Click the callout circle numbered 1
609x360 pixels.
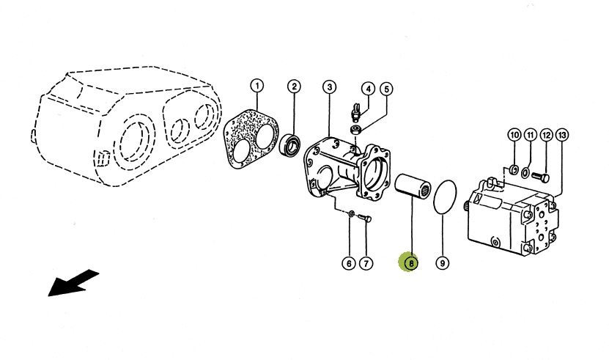click(x=256, y=86)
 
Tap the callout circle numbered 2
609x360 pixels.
click(x=294, y=86)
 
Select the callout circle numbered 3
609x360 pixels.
click(x=329, y=87)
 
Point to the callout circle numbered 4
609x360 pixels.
click(x=368, y=89)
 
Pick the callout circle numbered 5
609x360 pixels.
click(x=386, y=89)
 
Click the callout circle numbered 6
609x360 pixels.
click(x=349, y=263)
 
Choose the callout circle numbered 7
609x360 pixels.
click(x=366, y=263)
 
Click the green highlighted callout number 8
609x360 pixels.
click(x=410, y=262)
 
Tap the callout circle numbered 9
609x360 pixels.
click(x=443, y=263)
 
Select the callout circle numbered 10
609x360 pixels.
click(x=514, y=135)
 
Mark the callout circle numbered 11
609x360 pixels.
click(x=530, y=135)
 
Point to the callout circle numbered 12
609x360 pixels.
click(x=546, y=135)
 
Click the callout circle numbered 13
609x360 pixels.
click(x=561, y=135)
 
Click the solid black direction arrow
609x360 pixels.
click(x=73, y=282)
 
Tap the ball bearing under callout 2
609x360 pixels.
click(x=289, y=144)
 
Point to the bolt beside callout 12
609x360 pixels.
click(x=540, y=177)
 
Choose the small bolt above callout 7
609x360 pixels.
click(x=364, y=218)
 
